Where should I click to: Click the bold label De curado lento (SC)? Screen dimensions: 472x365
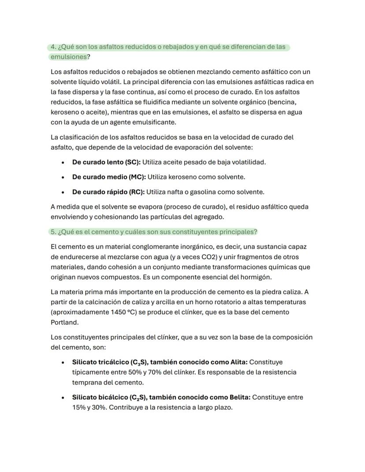pos(106,162)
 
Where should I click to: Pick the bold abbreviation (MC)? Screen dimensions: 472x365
pos(137,177)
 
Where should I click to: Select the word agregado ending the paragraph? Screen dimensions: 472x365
pos(209,217)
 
